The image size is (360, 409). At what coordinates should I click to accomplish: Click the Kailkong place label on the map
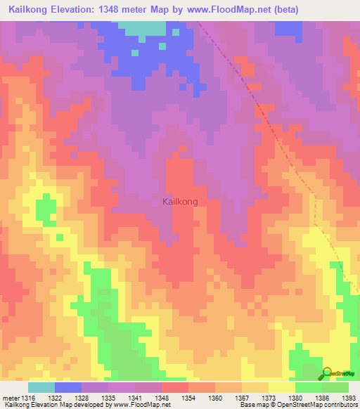click(180, 202)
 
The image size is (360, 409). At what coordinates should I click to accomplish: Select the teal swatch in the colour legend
click(41, 387)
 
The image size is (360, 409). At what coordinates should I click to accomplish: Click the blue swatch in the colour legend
click(67, 387)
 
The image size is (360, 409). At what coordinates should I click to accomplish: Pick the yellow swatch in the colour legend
click(281, 387)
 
